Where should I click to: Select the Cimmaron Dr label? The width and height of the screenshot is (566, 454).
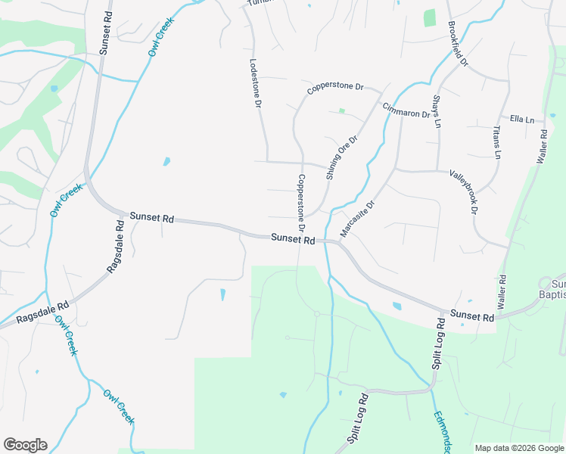pyautogui.click(x=406, y=110)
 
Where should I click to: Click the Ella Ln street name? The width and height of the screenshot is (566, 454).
pyautogui.click(x=521, y=120)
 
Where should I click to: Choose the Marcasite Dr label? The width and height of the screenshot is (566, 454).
pyautogui.click(x=357, y=219)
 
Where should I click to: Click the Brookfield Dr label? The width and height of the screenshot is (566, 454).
pyautogui.click(x=459, y=43)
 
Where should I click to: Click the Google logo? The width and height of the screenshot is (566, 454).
pyautogui.click(x=25, y=445)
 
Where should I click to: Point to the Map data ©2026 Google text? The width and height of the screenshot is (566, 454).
pyautogui.click(x=519, y=448)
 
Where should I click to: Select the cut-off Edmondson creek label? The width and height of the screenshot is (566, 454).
pyautogui.click(x=442, y=431)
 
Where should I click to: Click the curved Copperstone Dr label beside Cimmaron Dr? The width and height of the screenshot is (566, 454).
pyautogui.click(x=335, y=89)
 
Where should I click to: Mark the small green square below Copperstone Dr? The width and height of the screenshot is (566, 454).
pyautogui.click(x=342, y=111)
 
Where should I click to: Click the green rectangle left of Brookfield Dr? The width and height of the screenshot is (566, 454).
pyautogui.click(x=430, y=17)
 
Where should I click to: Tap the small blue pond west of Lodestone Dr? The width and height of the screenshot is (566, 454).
pyautogui.click(x=166, y=161)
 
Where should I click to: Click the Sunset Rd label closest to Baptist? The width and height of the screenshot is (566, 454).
pyautogui.click(x=472, y=316)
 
